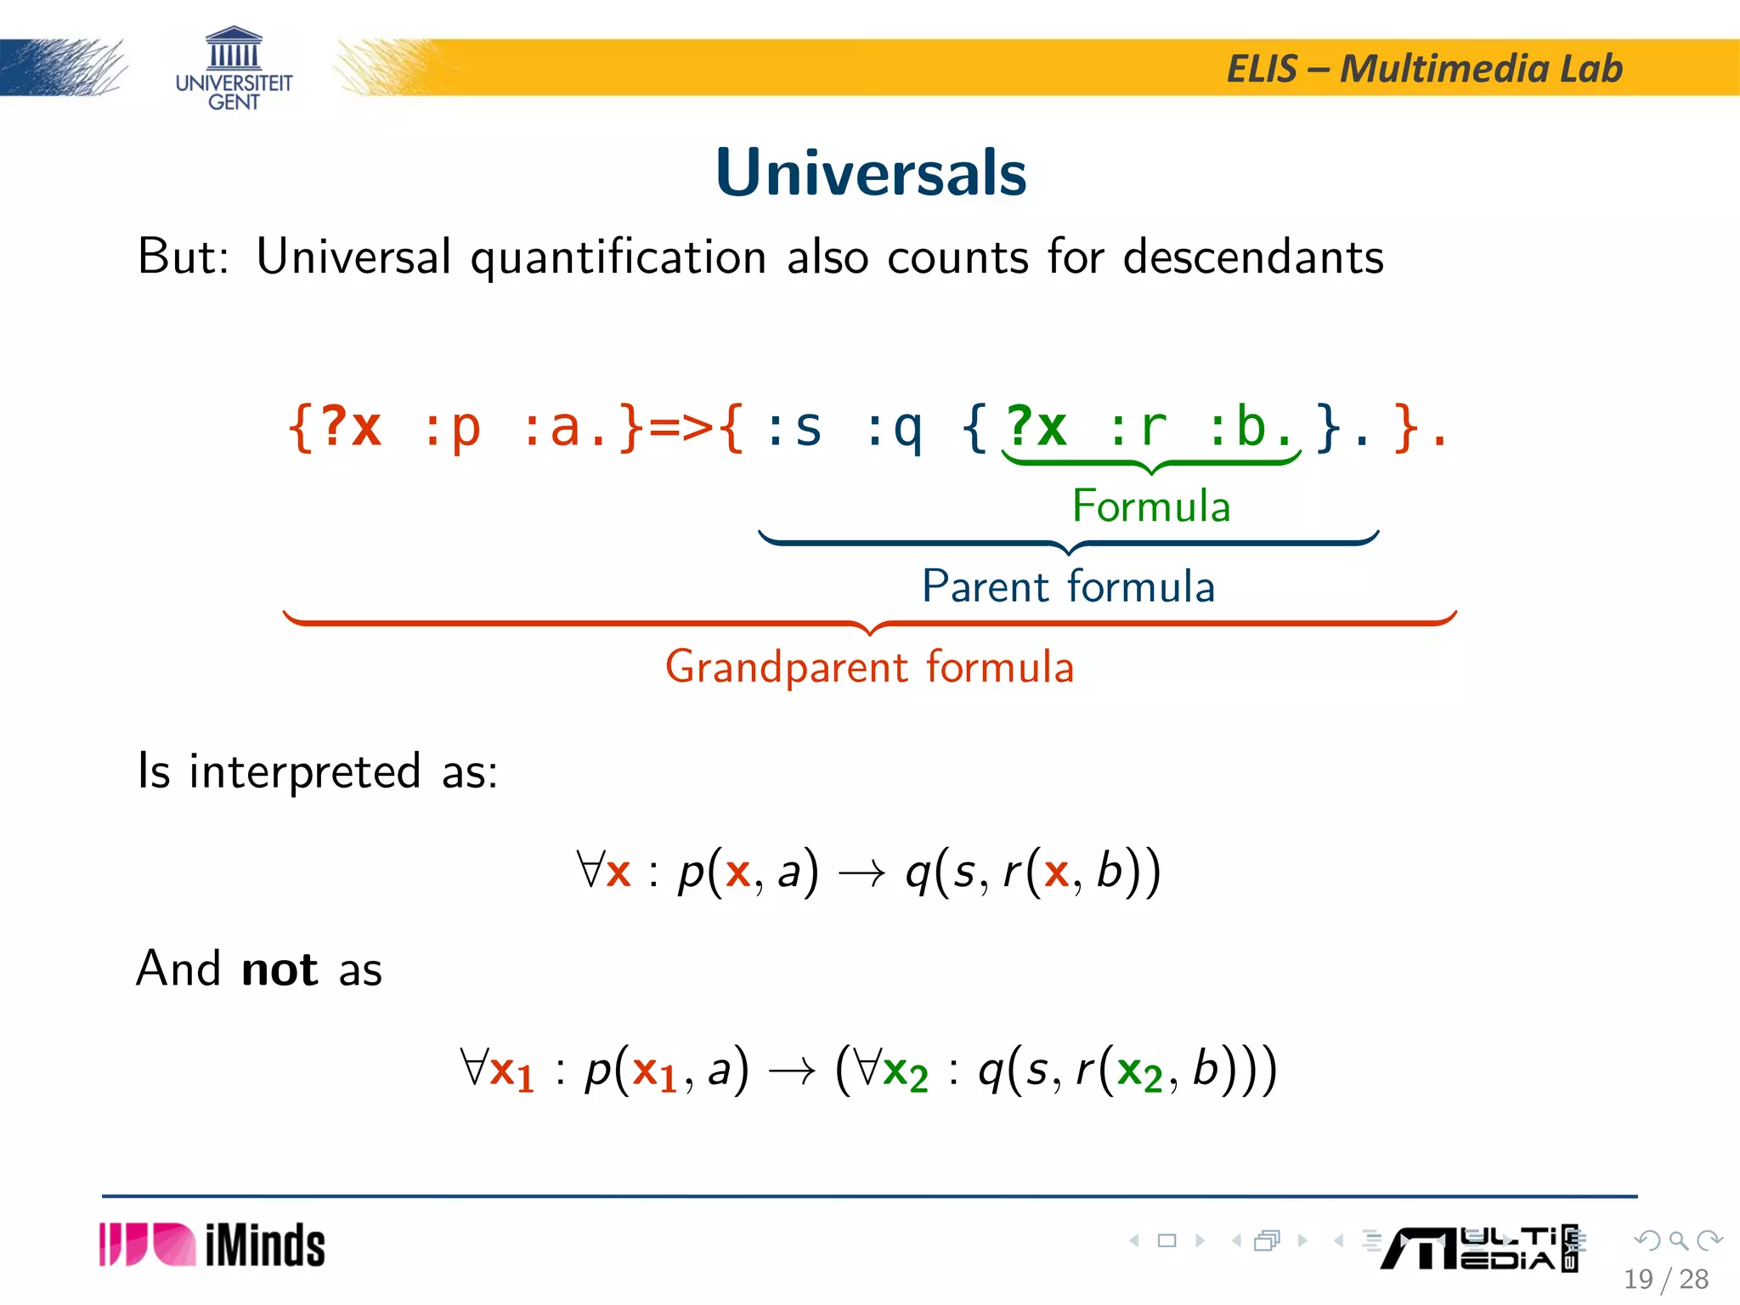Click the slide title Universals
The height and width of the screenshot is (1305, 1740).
(871, 172)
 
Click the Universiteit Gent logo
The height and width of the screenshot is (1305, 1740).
(234, 68)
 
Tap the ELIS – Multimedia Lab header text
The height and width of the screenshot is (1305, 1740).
(1424, 68)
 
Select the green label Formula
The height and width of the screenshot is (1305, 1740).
(1150, 506)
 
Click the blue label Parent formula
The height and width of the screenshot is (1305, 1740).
(1068, 587)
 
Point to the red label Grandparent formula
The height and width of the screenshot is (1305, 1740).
(869, 667)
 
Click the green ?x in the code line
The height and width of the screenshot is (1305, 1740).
(1036, 427)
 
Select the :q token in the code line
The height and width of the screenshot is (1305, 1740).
(892, 427)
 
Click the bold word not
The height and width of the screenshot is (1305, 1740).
(279, 969)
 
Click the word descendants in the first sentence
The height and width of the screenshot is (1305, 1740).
(1253, 257)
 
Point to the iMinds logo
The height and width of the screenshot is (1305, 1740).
(212, 1246)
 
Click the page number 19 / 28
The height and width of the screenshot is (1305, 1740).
(1665, 1279)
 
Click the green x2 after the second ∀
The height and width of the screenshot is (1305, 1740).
(905, 1072)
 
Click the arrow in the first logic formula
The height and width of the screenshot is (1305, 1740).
(862, 873)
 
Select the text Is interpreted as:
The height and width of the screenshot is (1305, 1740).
(318, 771)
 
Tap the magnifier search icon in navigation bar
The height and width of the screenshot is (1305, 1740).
(1678, 1240)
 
